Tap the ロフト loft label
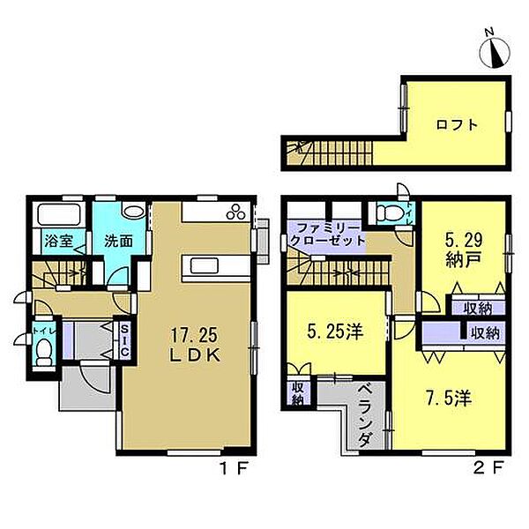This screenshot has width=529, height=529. coord(457,125)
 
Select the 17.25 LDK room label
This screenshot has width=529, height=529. coord(195,345)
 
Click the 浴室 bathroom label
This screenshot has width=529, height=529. coord(59,241)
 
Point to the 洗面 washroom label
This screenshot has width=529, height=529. coord(118,241)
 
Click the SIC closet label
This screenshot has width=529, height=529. coord(124,340)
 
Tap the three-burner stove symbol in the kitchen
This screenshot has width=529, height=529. coord(236,212)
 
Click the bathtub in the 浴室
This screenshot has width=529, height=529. coord(59,214)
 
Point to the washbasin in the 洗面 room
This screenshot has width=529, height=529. coord(134,212)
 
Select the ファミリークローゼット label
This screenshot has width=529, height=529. coord(327,235)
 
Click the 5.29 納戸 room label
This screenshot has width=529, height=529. coord(464,250)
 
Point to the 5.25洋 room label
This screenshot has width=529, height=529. coord(335,332)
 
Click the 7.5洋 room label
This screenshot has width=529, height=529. coord(449,399)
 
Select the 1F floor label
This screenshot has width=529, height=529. coord(234,468)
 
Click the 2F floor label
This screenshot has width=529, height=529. coord(488,468)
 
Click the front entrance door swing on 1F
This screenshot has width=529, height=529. coord(94,379)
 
